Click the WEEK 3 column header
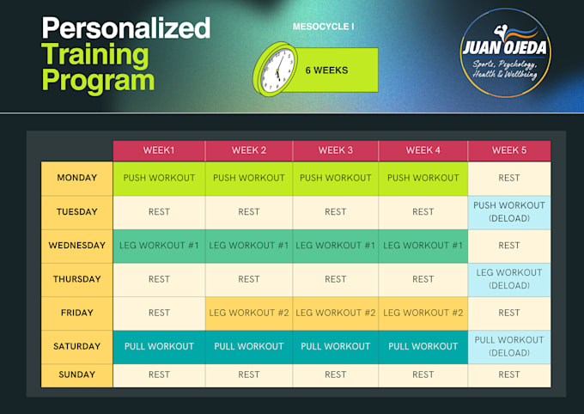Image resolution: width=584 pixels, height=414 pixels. click(x=336, y=150)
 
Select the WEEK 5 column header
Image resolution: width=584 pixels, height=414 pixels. click(x=509, y=150)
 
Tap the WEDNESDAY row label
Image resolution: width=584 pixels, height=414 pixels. click(x=77, y=246)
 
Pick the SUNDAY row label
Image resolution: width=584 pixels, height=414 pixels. click(x=77, y=374)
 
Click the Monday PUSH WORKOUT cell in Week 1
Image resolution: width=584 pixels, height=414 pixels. click(x=159, y=178)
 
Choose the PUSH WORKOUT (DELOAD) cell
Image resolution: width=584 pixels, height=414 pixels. click(x=509, y=212)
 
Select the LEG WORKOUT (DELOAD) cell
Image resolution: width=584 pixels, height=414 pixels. click(x=509, y=279)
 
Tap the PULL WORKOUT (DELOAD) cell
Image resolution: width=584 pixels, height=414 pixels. click(x=509, y=346)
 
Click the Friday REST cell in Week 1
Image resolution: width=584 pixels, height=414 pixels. click(x=159, y=313)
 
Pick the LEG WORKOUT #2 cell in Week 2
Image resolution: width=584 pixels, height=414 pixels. click(x=249, y=313)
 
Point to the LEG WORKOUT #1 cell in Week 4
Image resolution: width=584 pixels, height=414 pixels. click(x=423, y=246)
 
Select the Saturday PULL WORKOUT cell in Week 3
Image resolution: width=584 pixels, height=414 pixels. click(x=336, y=346)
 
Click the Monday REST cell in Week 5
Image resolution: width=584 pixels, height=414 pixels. click(x=509, y=178)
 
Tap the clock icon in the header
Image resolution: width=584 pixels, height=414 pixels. click(x=276, y=70)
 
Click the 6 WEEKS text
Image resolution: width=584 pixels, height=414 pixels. click(x=326, y=70)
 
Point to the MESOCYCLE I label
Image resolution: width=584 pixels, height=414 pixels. click(x=323, y=27)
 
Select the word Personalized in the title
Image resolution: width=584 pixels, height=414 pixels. click(x=126, y=28)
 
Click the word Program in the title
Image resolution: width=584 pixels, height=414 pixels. click(x=98, y=80)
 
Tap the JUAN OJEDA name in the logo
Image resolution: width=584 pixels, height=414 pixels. click(x=505, y=48)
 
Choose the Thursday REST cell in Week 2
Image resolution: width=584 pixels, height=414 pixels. click(x=249, y=279)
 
